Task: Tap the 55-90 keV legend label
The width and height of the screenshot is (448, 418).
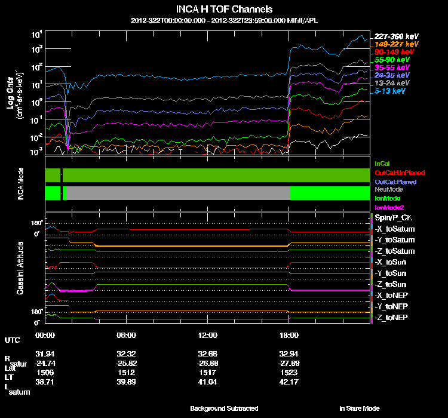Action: point(392,60)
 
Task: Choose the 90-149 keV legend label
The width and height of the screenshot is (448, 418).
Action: point(392,52)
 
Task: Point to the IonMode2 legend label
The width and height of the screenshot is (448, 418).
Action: point(389,207)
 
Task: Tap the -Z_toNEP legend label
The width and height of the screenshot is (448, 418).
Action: point(392,317)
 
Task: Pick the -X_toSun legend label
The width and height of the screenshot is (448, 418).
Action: point(392,262)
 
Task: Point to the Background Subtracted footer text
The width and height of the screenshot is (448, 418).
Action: point(224,408)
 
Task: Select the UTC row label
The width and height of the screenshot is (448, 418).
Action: point(12,340)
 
